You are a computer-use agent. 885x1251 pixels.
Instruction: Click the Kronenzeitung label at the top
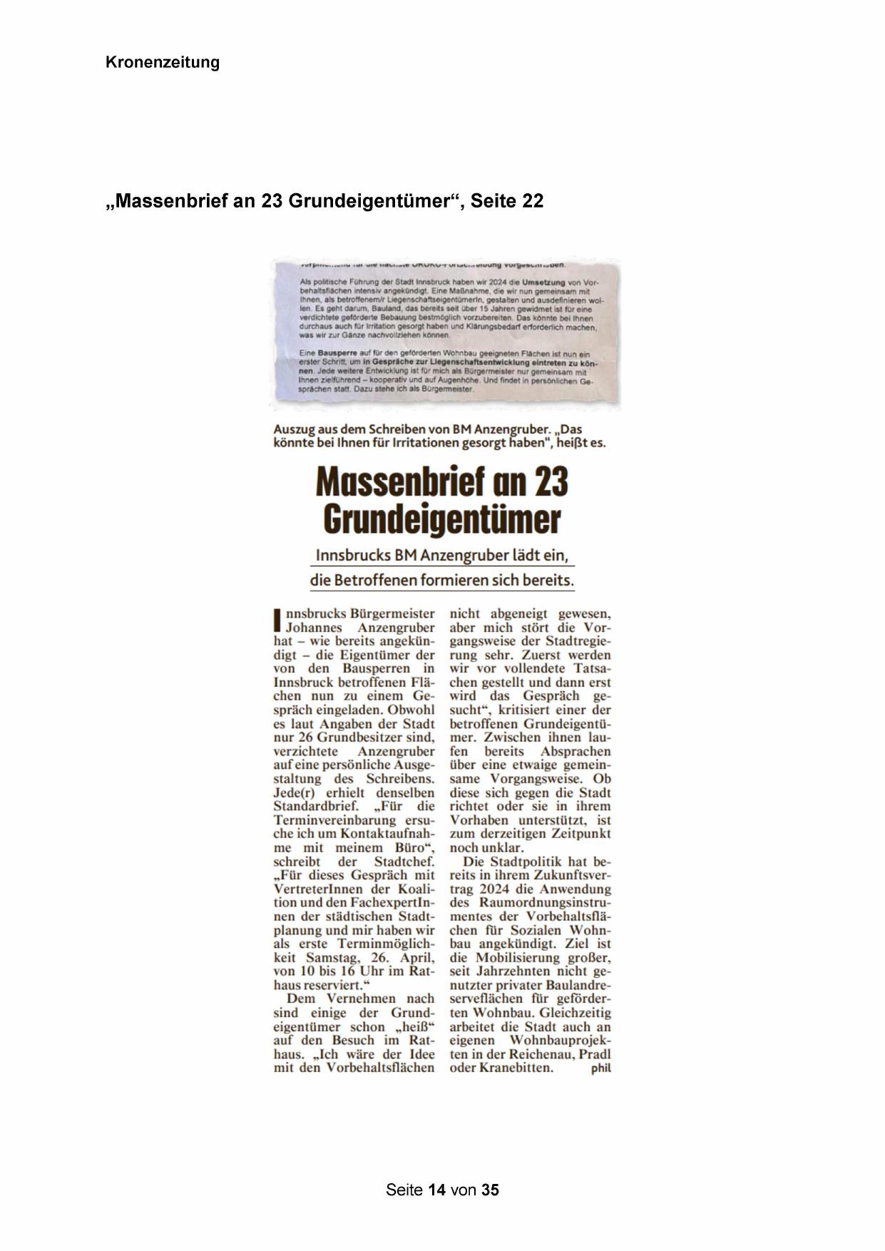pyautogui.click(x=163, y=63)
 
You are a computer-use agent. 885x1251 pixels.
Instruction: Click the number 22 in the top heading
pyautogui.click(x=532, y=202)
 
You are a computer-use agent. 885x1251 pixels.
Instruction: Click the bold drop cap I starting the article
pyautogui.click(x=278, y=619)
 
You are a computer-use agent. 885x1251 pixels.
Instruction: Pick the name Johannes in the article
pyautogui.click(x=316, y=628)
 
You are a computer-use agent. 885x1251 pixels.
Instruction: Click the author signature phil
pyautogui.click(x=601, y=1068)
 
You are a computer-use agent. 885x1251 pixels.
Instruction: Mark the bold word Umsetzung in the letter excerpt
pyautogui.click(x=544, y=283)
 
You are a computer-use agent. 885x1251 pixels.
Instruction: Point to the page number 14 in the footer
pyautogui.click(x=437, y=1190)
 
